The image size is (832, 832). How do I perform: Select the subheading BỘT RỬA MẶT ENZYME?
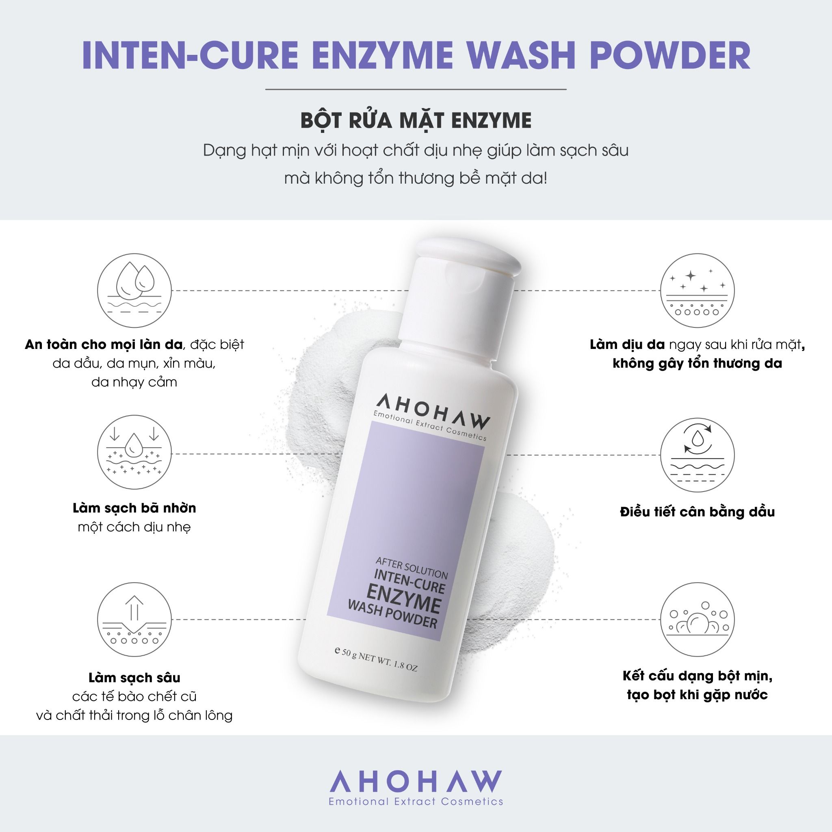pos(416,121)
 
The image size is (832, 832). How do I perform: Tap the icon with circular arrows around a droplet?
pos(697,455)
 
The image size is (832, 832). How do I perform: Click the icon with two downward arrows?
pos(134,452)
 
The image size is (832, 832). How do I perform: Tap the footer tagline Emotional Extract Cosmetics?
pos(416,802)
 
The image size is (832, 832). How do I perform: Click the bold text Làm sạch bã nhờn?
pos(134,508)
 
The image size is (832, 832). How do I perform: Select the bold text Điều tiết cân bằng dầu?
pos(697,512)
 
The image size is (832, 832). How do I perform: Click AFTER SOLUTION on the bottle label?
pos(412,567)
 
